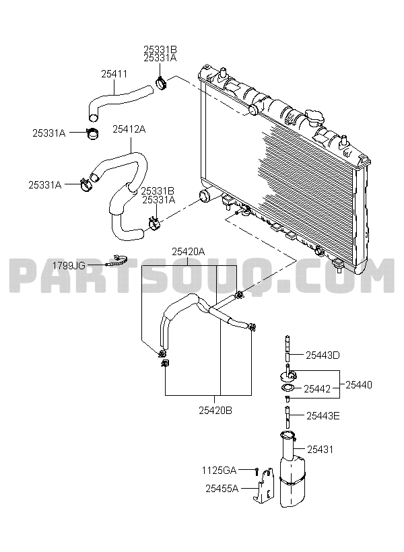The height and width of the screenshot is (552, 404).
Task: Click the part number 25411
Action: [114, 74]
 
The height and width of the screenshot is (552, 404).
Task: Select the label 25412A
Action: [129, 129]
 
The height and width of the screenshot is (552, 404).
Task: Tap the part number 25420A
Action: [188, 252]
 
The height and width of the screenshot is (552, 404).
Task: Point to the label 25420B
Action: [215, 411]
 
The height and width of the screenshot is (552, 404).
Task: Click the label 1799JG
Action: [69, 265]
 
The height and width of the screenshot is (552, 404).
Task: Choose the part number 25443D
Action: [323, 355]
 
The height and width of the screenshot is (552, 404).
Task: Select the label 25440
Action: [359, 385]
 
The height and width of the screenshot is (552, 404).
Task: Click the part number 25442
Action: [317, 389]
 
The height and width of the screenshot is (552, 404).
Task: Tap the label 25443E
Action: [323, 416]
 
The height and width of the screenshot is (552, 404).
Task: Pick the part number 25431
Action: [320, 450]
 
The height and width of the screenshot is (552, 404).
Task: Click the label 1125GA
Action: [219, 470]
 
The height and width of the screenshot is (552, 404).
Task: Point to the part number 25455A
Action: [222, 488]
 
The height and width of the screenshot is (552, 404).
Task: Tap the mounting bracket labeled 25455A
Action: [263, 485]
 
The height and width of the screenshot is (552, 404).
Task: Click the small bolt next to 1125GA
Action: [257, 471]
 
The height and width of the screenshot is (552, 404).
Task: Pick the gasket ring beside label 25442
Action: [288, 388]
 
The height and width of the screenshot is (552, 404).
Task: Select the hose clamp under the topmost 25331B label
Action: [161, 83]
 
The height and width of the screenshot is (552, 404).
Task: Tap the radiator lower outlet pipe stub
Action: [205, 196]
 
